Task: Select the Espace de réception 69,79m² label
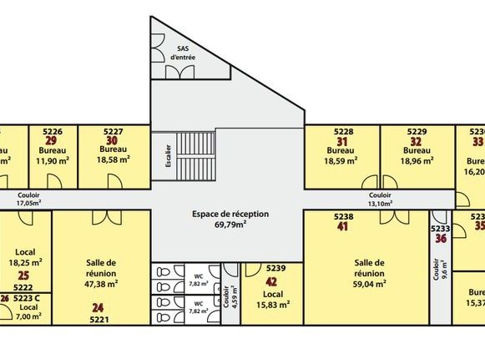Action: click(x=230, y=219)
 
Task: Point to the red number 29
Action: click(x=51, y=140)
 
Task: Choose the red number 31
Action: click(x=341, y=140)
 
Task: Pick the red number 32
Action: click(x=416, y=140)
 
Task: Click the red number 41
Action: click(x=342, y=225)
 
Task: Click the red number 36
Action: click(x=440, y=238)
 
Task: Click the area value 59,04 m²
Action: click(x=368, y=284)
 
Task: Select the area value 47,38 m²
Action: click(x=100, y=283)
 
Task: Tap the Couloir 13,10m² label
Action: click(x=380, y=199)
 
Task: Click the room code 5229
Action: click(x=417, y=131)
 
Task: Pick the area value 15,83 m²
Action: click(x=273, y=305)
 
